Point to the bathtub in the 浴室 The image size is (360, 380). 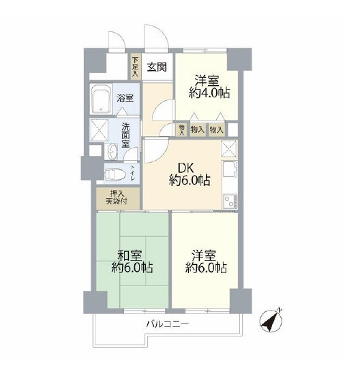click(x=102, y=99)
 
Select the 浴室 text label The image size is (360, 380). click(x=125, y=98)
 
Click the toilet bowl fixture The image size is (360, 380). click(x=112, y=173)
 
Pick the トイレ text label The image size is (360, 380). click(x=133, y=174)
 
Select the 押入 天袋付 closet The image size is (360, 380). click(x=118, y=197)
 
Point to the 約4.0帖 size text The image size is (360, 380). click(x=207, y=93)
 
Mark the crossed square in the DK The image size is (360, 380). click(x=229, y=148)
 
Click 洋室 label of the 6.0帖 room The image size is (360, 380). click(x=204, y=255)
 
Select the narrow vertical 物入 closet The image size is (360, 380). click(x=182, y=129)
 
